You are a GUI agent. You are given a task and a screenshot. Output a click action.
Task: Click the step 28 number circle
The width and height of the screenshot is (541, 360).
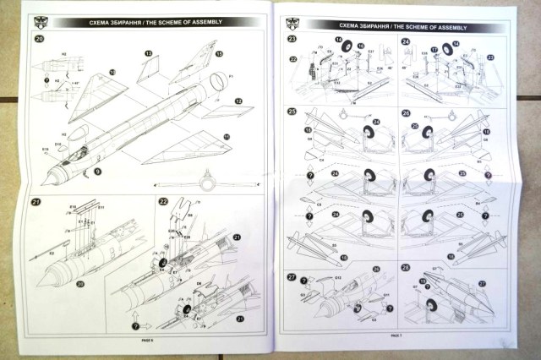click(x=406, y=269)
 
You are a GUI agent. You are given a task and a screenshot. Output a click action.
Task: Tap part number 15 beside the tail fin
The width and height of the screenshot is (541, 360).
click(x=219, y=55)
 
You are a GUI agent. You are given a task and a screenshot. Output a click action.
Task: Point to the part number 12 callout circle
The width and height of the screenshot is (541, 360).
click(x=238, y=101)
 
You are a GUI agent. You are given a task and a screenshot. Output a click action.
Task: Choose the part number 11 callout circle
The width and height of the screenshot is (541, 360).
click(x=226, y=135)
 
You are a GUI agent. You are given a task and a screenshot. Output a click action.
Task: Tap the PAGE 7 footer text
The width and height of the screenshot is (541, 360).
click(x=396, y=336)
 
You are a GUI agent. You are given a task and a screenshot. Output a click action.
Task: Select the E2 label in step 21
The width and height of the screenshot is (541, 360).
click(x=52, y=253)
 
